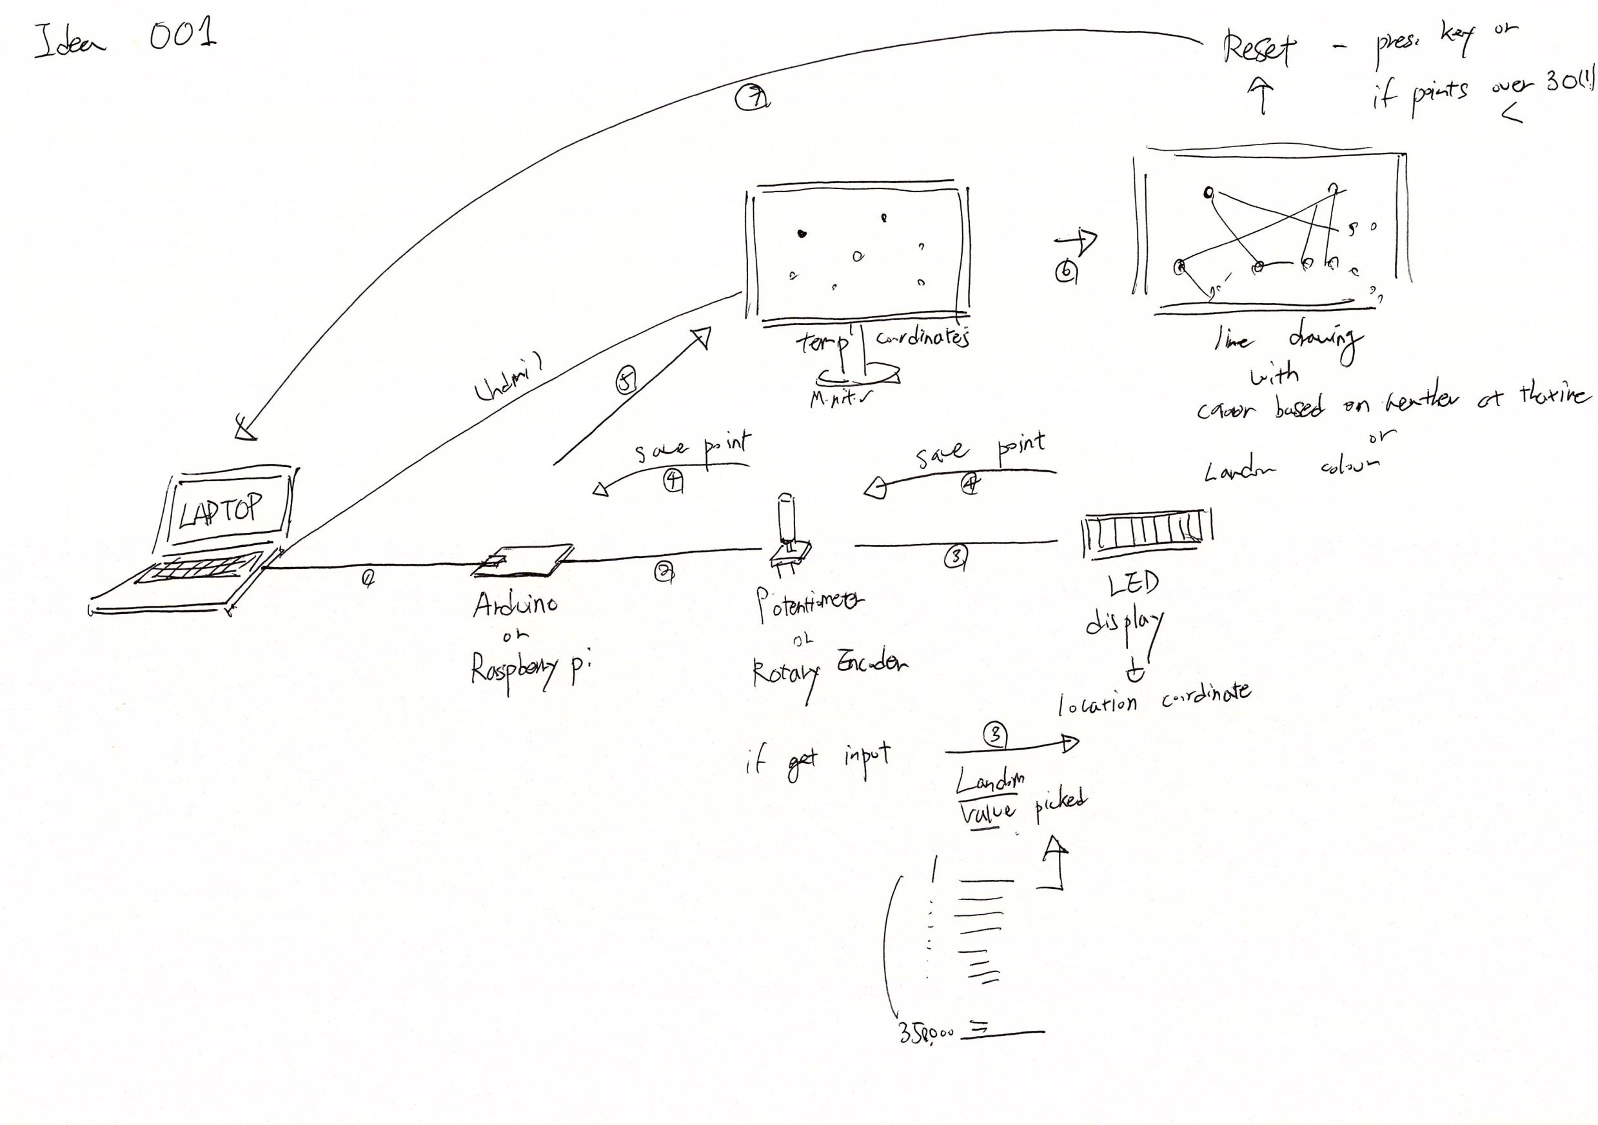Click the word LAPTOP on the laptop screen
tap(221, 511)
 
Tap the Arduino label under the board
tap(515, 604)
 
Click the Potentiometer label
tap(809, 604)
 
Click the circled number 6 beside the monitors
tap(1065, 272)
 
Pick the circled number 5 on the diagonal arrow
tap(626, 382)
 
